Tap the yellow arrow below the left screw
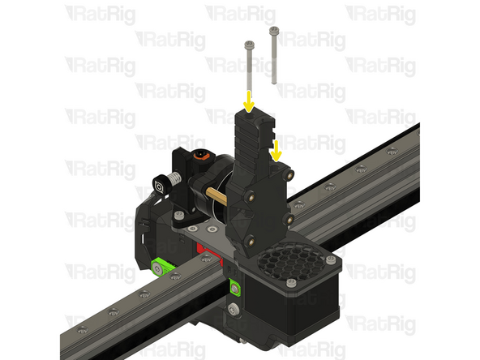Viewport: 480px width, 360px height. pyautogui.click(x=249, y=103)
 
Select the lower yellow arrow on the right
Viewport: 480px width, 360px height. pyautogui.click(x=277, y=149)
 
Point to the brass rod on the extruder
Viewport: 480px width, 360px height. pyautogui.click(x=218, y=195)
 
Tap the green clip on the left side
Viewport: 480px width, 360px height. pyautogui.click(x=162, y=266)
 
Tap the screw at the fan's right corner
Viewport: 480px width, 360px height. pyautogui.click(x=331, y=259)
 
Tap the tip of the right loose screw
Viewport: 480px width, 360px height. pyautogui.click(x=273, y=82)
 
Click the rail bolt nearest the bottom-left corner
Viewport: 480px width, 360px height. pyautogui.click(x=82, y=329)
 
